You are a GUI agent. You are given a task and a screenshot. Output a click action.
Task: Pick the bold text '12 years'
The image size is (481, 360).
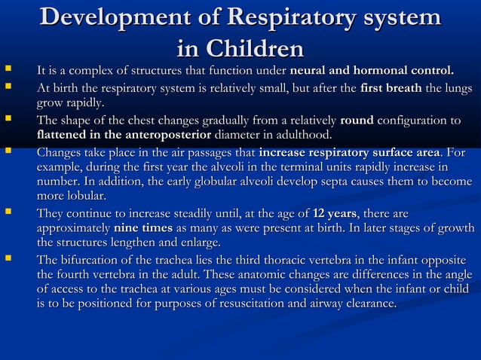335,213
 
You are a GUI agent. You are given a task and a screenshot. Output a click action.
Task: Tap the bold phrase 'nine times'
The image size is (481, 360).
141,228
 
